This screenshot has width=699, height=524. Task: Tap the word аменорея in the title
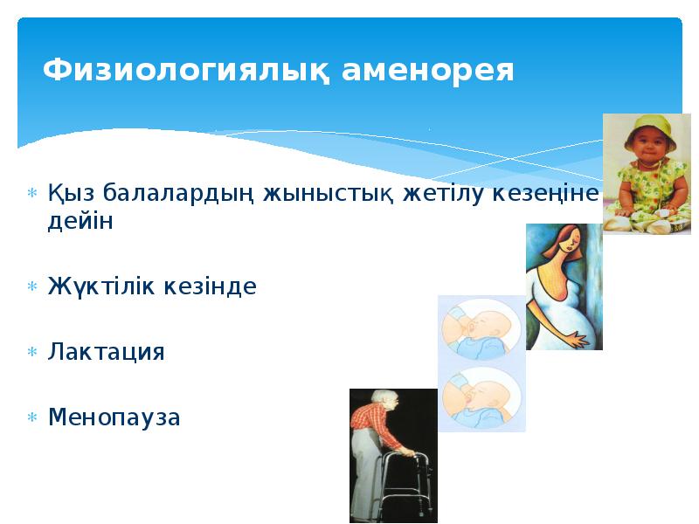[x=428, y=70]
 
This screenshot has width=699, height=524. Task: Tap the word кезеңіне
[x=548, y=192]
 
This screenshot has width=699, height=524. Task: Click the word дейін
[x=80, y=222]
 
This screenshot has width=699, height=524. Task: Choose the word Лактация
[x=106, y=353]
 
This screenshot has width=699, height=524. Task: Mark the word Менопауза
[x=114, y=417]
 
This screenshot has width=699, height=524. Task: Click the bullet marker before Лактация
[x=31, y=353]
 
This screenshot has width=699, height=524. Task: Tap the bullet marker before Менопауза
[x=31, y=417]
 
